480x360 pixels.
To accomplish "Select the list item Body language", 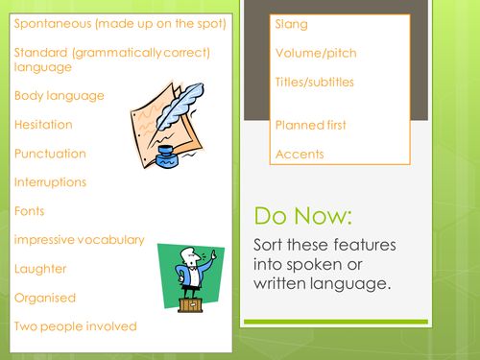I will [x=60, y=95].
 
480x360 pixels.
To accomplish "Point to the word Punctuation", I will [x=51, y=153].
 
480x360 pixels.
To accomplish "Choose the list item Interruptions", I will [x=51, y=181].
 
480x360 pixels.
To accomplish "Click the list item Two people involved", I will [x=76, y=325].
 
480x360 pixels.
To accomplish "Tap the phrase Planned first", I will [x=310, y=125].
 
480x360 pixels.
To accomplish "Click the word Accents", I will [x=299, y=154].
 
